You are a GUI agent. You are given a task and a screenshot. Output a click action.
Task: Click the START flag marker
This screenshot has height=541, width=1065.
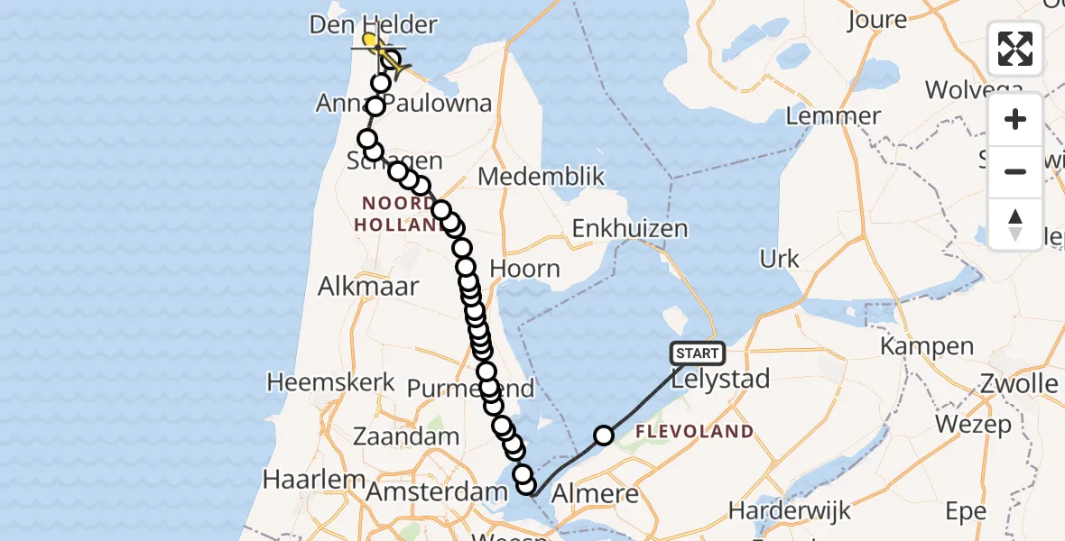(697, 353)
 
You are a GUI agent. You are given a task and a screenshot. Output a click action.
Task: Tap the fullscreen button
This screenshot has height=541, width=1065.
(1015, 48)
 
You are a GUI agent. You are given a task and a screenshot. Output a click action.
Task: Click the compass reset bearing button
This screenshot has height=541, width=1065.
(1015, 224)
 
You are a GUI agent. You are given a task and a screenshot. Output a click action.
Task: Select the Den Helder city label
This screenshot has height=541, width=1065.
(373, 24)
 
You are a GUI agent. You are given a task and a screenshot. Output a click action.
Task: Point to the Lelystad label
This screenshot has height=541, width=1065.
(722, 379)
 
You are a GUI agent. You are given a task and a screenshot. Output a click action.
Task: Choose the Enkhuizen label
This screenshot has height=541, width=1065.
(630, 229)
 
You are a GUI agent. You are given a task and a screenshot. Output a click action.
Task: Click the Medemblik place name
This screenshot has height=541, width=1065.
(541, 176)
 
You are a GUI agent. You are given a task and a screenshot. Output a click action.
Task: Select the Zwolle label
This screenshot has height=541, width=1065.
(1022, 384)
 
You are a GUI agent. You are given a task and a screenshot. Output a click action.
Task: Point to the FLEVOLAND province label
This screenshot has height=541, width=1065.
(694, 431)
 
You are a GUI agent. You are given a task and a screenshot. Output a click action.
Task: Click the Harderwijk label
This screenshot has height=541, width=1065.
(790, 511)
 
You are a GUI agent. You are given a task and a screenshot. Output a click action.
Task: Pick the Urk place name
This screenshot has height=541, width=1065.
(779, 260)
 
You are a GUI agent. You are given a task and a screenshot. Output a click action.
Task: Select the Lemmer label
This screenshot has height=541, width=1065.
(833, 116)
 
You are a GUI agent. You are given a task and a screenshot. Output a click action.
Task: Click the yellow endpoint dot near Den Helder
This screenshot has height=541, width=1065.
(370, 39)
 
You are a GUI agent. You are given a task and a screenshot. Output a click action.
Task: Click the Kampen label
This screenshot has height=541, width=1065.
(927, 346)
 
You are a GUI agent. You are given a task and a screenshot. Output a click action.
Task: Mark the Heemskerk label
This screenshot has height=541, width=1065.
(331, 382)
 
